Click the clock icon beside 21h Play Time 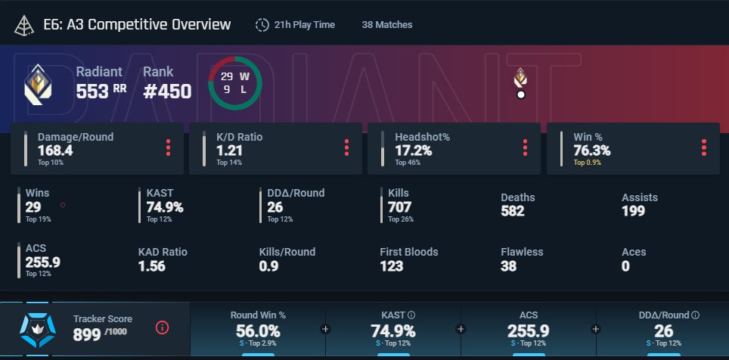pyautogui.click(x=262, y=25)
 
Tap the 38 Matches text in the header pyautogui.click(x=387, y=25)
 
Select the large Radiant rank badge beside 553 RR pyautogui.click(x=38, y=84)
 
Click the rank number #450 pyautogui.click(x=167, y=92)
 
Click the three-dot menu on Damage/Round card pyautogui.click(x=169, y=147)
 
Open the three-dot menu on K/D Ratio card pyautogui.click(x=347, y=147)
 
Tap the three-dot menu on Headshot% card pyautogui.click(x=526, y=147)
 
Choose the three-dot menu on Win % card pyautogui.click(x=704, y=147)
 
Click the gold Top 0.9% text pyautogui.click(x=587, y=163)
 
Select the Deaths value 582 pyautogui.click(x=513, y=211)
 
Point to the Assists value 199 pyautogui.click(x=633, y=211)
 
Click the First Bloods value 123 pyautogui.click(x=392, y=266)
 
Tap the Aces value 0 pyautogui.click(x=626, y=266)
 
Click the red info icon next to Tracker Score pyautogui.click(x=162, y=328)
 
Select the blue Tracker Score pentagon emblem pyautogui.click(x=38, y=331)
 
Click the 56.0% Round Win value pyautogui.click(x=258, y=331)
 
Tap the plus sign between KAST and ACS pyautogui.click(x=461, y=329)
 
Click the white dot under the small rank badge pyautogui.click(x=521, y=95)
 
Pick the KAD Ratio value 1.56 pyautogui.click(x=151, y=266)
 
